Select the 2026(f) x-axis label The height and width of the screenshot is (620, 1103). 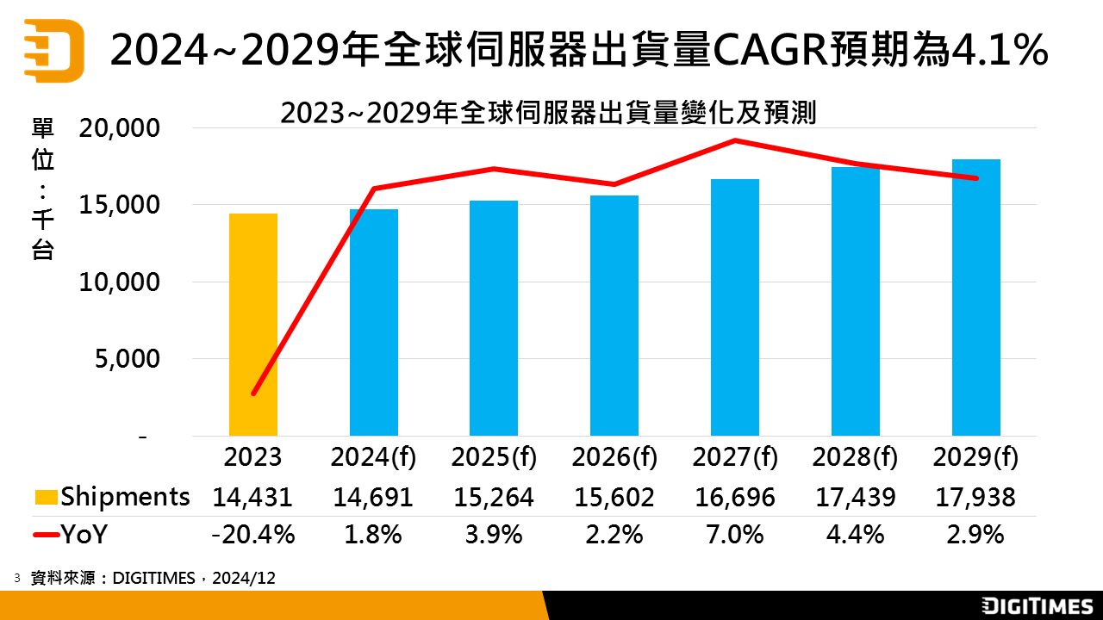click(614, 457)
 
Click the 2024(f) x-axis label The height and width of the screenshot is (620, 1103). click(373, 457)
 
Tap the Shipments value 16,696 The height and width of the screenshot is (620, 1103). click(735, 497)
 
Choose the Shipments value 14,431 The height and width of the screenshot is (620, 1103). click(253, 497)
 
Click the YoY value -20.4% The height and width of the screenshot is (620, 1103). click(253, 535)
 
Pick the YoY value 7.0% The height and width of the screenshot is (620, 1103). click(735, 535)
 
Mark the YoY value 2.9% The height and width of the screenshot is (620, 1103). click(976, 535)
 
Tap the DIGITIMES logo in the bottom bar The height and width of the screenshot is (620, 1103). click(1038, 606)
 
